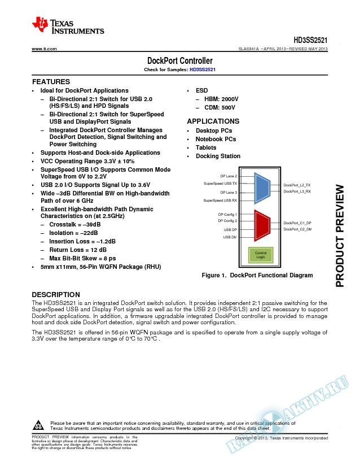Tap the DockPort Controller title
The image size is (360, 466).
179,60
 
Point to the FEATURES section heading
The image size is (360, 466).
51,82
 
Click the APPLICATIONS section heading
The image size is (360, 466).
213,121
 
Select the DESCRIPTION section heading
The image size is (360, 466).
55,295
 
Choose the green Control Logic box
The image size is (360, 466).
261,254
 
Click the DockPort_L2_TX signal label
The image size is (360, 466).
297,185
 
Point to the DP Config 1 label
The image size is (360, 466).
227,215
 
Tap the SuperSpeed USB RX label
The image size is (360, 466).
221,200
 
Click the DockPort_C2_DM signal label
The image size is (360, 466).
297,229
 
